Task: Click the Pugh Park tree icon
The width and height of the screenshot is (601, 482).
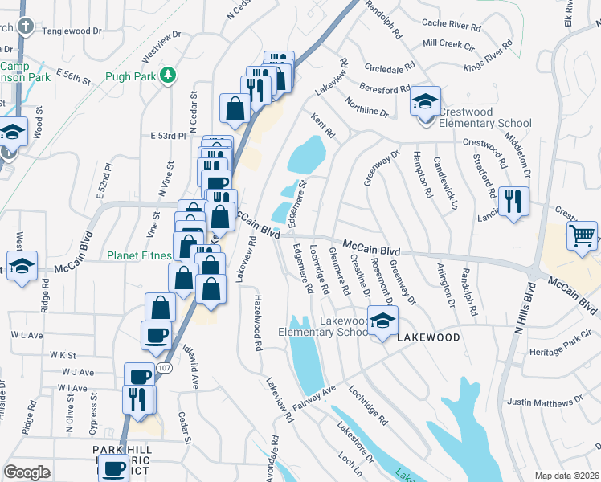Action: [168, 76]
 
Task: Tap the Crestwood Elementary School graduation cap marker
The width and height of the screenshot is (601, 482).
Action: [425, 103]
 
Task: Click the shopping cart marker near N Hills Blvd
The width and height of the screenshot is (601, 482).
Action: [583, 236]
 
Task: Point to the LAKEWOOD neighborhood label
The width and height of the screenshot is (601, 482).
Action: [429, 337]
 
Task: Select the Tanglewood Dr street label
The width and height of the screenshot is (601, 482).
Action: [74, 31]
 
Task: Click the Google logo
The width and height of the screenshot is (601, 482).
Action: [27, 472]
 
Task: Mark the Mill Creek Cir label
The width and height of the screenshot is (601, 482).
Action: [448, 42]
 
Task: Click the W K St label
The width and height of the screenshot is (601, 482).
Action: [62, 354]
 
